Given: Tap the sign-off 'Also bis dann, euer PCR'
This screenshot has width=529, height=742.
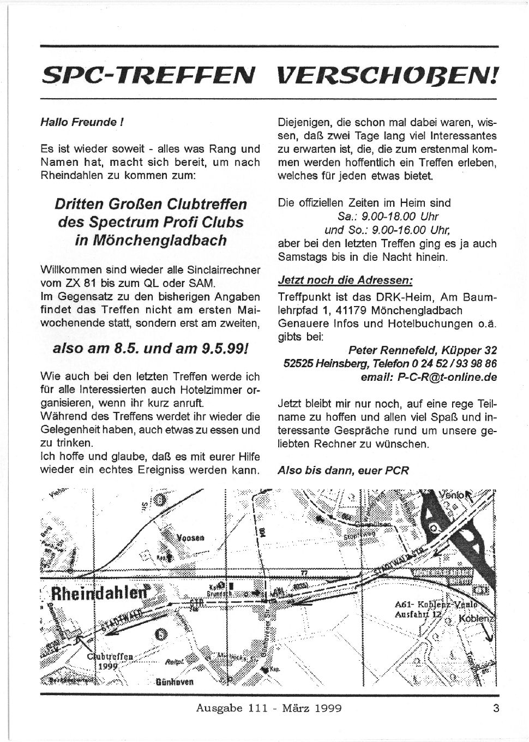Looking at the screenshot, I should [x=343, y=470].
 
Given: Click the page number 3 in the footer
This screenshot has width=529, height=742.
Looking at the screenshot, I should [x=495, y=709].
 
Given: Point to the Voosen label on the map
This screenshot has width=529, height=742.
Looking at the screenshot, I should [x=191, y=537].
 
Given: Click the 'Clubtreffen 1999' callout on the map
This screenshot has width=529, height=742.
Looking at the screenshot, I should [x=112, y=661].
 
